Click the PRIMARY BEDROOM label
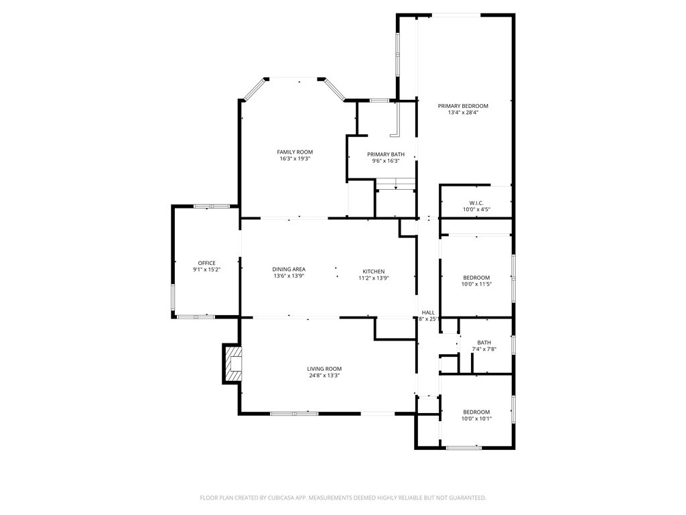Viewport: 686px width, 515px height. coord(463,106)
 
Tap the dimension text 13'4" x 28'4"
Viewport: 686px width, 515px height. coord(463,113)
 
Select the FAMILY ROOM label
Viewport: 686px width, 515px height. coord(295,152)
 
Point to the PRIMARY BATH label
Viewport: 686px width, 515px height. coord(386,154)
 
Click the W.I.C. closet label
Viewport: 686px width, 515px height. coord(476,203)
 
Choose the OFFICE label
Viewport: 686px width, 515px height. coord(206,263)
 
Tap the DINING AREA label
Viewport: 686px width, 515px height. coord(289,270)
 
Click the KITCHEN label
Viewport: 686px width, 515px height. coord(374,271)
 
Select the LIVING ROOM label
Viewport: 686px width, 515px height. coord(324,369)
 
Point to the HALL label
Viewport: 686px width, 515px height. coord(428,312)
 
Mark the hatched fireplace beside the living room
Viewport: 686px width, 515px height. coord(232,363)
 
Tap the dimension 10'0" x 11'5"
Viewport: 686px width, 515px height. coord(476,284)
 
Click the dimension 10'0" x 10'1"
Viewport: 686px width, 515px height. coord(476,418)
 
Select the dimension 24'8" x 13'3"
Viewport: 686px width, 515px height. coord(324,376)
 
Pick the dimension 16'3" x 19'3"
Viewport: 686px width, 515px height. coord(295,159)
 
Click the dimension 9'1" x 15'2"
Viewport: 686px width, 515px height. coord(206,270)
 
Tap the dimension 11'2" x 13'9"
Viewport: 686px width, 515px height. coord(374,278)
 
